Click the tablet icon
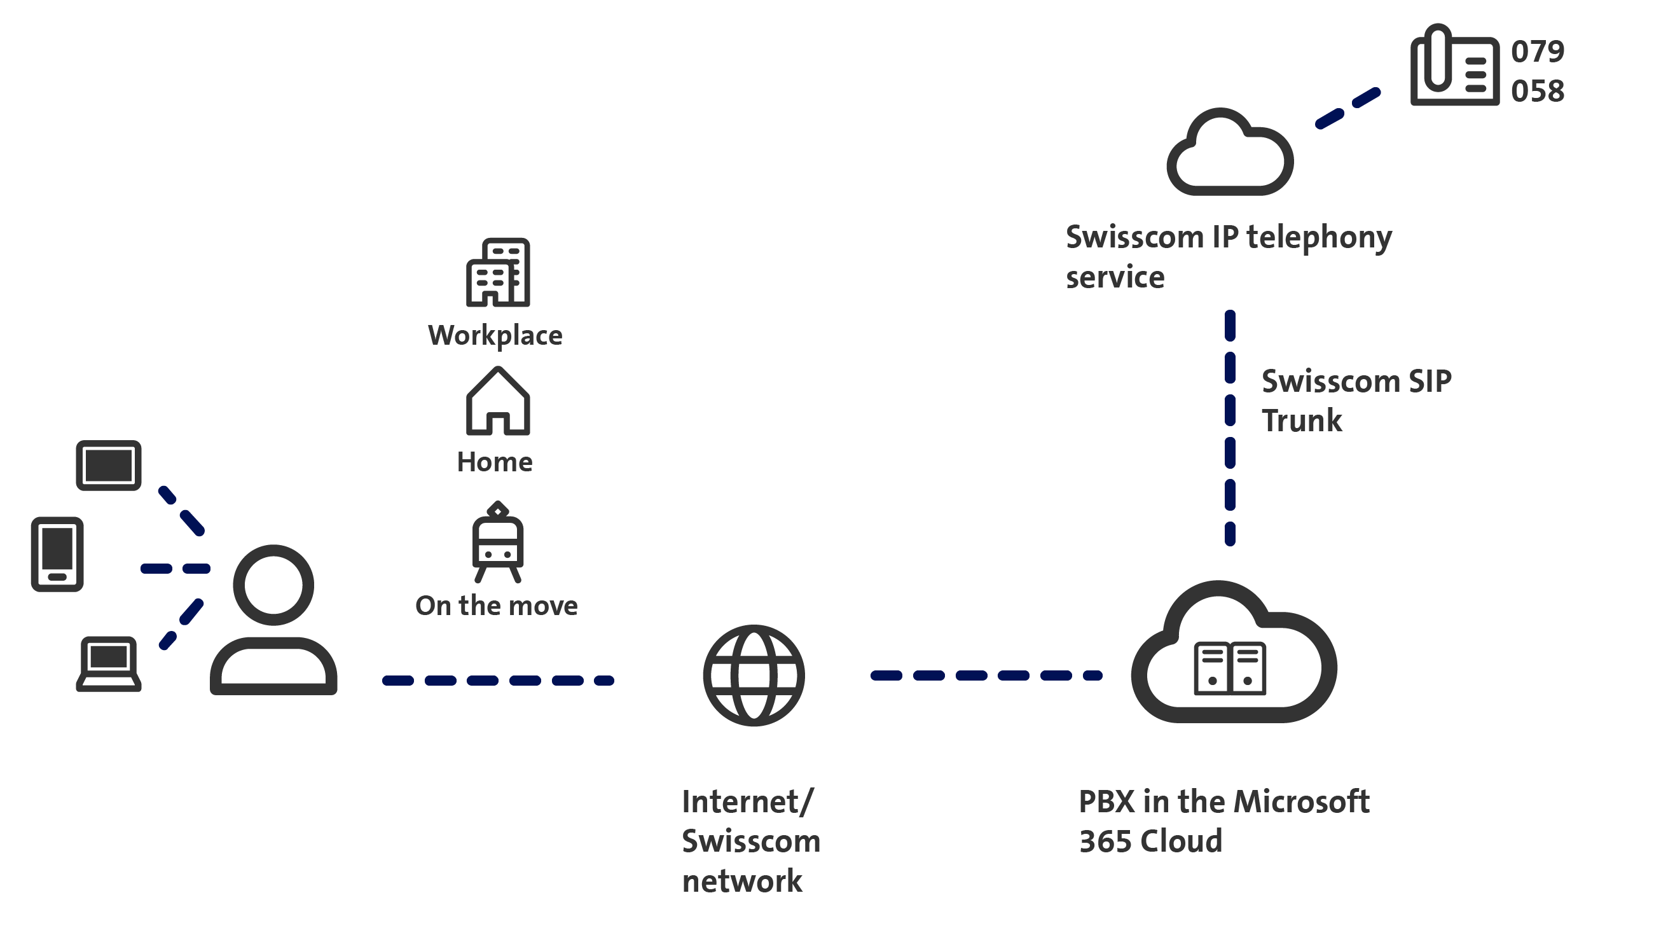click(x=108, y=466)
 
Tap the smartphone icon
click(x=57, y=554)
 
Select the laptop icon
click(x=108, y=663)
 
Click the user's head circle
click(x=273, y=585)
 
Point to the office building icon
click(x=498, y=272)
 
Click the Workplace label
click(x=495, y=335)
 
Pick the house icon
click(x=498, y=401)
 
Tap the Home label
click(x=495, y=462)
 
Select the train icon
click(x=498, y=543)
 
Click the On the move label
click(x=497, y=606)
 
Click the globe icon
click(x=754, y=675)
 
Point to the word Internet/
click(x=748, y=802)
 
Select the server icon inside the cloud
click(x=1230, y=668)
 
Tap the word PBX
click(x=1106, y=802)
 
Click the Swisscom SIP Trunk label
click(x=1356, y=401)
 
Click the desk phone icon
click(x=1455, y=66)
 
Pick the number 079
click(x=1537, y=52)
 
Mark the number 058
click(x=1537, y=91)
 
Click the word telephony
click(x=1320, y=238)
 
